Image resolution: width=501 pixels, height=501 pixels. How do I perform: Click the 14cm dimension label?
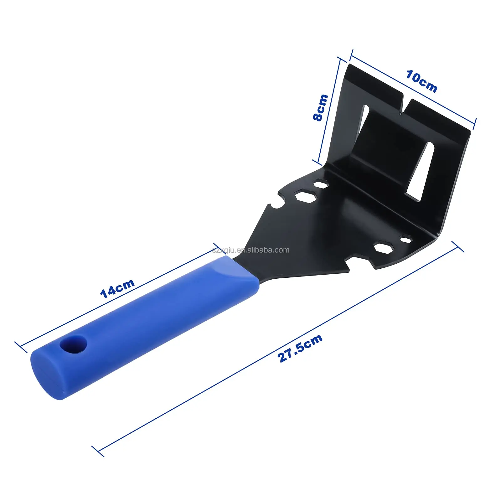coord(117,288)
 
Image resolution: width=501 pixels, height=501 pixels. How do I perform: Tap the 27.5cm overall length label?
coord(300,348)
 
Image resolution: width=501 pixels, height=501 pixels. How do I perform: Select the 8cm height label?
coord(320,107)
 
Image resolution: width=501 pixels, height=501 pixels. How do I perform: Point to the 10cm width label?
coord(421,81)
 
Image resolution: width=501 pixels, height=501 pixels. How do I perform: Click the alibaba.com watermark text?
coord(250,250)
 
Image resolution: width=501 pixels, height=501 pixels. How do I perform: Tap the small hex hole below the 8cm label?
coord(321,184)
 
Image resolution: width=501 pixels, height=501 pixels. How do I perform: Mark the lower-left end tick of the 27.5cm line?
coord(98,451)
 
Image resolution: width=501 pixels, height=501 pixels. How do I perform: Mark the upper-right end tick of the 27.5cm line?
coord(457,247)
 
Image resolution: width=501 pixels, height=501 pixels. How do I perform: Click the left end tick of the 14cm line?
coord(21,347)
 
